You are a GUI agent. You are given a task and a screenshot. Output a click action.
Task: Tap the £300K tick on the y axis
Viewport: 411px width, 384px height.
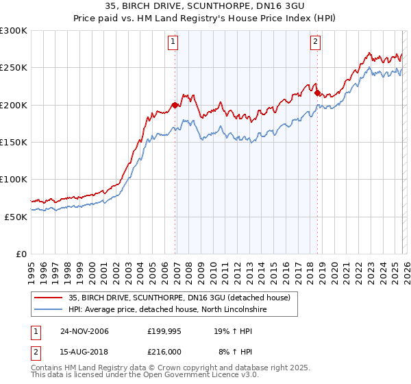pos(14,31)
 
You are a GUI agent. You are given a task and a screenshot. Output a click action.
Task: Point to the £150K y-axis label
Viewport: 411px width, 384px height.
pos(14,142)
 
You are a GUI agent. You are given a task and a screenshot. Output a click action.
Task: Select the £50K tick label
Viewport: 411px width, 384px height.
pos(16,217)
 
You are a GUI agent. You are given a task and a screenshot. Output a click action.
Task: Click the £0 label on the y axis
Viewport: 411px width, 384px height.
pos(22,254)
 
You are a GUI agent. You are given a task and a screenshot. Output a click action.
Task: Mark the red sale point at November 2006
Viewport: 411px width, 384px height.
pos(175,105)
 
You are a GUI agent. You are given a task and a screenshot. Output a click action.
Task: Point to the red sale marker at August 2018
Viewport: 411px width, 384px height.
pos(317,93)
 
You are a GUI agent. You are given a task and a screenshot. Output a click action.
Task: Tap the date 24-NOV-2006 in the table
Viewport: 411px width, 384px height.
pos(84,331)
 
